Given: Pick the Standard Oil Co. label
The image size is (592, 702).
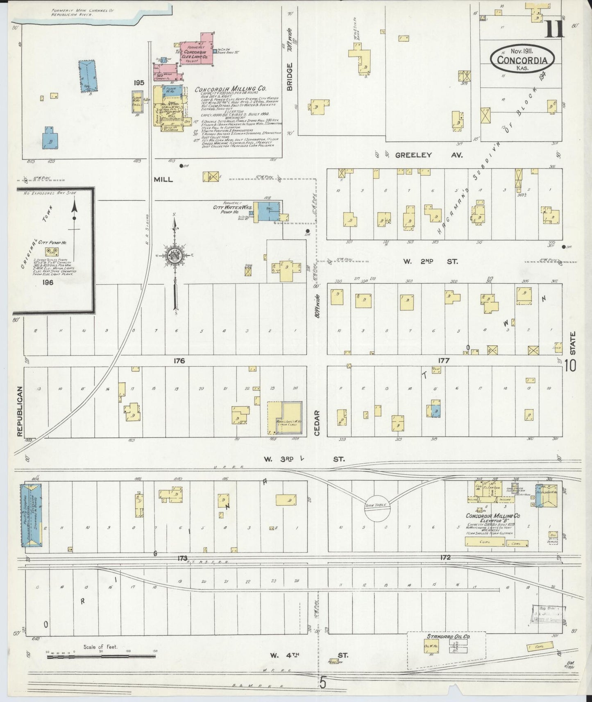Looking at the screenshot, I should pos(448,636).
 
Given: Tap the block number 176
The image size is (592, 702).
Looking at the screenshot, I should pos(179,361).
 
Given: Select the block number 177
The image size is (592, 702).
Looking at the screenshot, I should pos(444,361).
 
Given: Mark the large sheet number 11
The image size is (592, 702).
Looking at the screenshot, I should pos(555,29).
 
